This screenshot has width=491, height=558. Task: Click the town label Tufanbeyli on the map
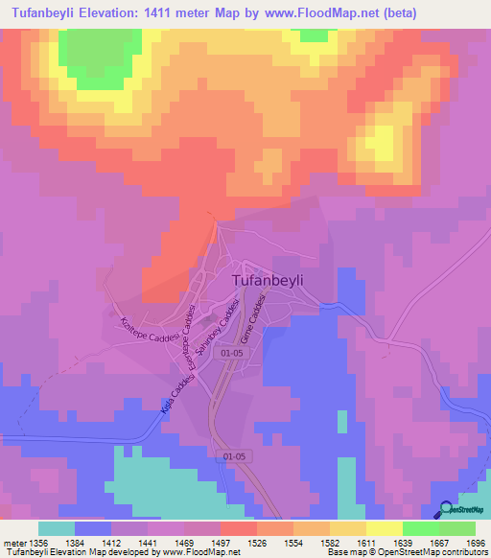pyautogui.click(x=282, y=279)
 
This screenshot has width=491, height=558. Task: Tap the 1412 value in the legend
pyautogui.click(x=129, y=543)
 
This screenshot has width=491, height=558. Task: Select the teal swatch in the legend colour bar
pyautogui.click(x=57, y=528)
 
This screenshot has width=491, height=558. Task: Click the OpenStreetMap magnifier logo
pyautogui.click(x=446, y=509)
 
